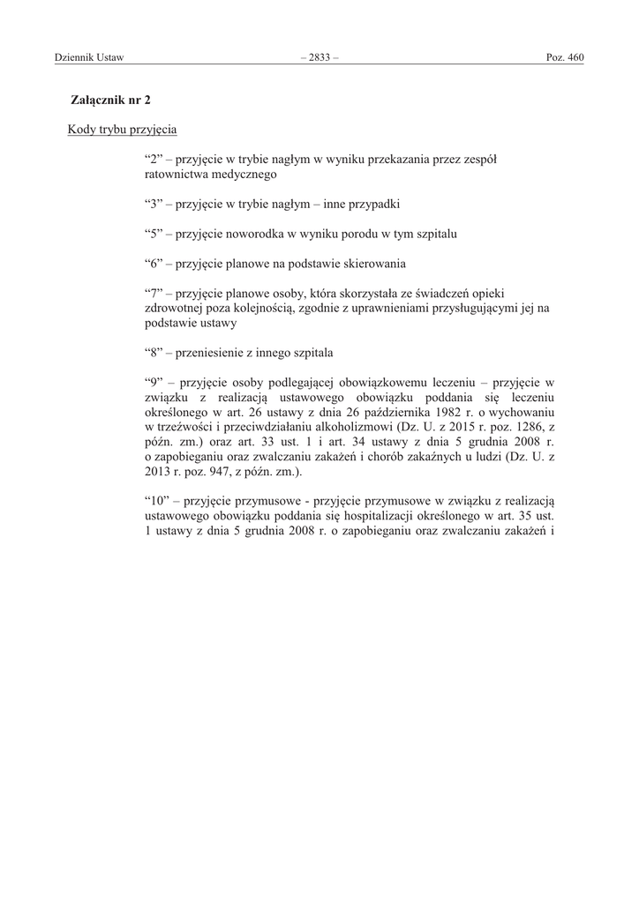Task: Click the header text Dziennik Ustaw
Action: point(88,57)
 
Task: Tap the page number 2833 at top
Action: point(319,57)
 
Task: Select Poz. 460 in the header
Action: point(566,57)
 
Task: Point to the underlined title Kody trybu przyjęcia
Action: point(122,130)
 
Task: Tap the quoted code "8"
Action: point(152,353)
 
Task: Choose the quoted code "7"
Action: point(152,293)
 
